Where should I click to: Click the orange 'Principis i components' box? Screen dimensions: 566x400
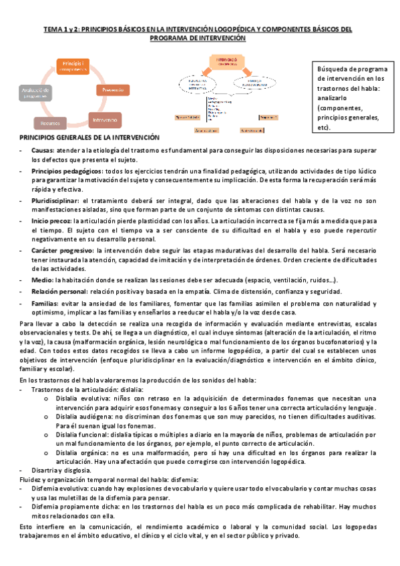71,66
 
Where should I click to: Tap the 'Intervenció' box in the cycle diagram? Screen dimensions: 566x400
105,119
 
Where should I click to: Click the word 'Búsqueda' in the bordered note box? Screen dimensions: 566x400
333,69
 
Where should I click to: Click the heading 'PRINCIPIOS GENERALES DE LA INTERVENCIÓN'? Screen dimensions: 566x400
89,137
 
